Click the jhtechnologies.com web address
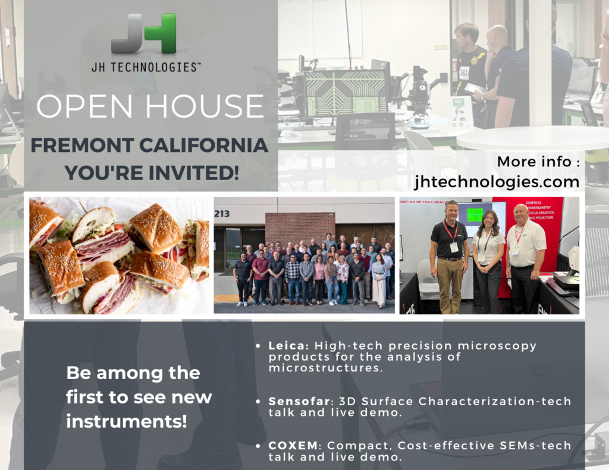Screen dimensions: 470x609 pyautogui.click(x=497, y=181)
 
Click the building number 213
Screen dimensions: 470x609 pyautogui.click(x=222, y=213)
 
